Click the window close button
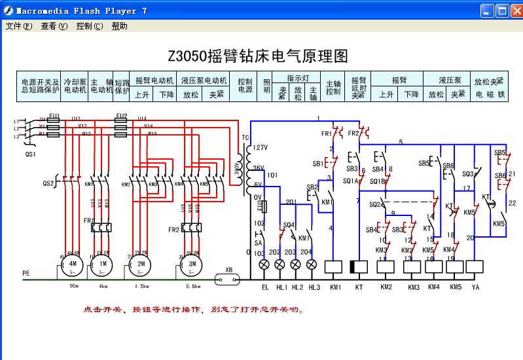tap(515, 10)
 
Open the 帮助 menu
tap(119, 26)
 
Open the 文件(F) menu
tap(19, 26)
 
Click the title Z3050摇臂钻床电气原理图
tap(259, 56)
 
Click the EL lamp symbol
tap(265, 265)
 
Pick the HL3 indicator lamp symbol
tap(312, 265)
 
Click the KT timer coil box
tap(359, 267)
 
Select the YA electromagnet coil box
tap(475, 267)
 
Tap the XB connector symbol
tap(228, 278)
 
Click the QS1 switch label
tap(30, 155)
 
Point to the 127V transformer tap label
tap(260, 147)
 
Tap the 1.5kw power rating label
tap(141, 286)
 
